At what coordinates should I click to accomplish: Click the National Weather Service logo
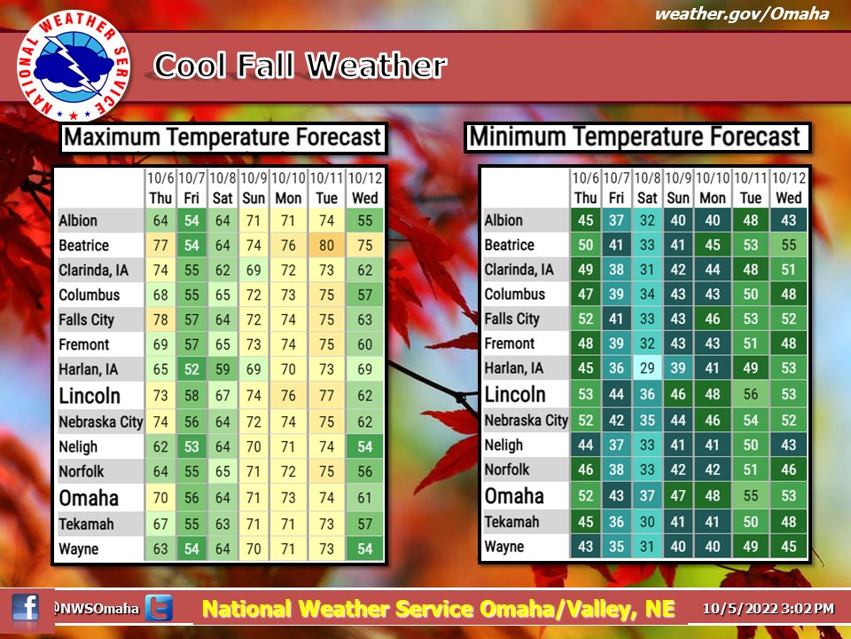click(74, 65)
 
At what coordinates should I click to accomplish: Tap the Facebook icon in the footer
click(26, 607)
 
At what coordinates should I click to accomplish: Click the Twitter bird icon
click(159, 607)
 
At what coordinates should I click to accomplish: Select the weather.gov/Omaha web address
click(742, 13)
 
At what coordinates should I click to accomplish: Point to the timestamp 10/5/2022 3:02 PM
click(768, 608)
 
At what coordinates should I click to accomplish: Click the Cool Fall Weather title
click(301, 66)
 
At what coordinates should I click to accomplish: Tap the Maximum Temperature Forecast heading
click(223, 137)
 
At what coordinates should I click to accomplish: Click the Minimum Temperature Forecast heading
click(635, 137)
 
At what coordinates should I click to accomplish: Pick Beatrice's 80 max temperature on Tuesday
click(326, 245)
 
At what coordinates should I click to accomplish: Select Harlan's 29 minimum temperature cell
click(647, 367)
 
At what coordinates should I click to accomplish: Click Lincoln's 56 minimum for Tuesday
click(751, 394)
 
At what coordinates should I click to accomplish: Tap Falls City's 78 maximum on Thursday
click(160, 319)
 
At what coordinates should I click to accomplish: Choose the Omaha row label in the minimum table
click(514, 496)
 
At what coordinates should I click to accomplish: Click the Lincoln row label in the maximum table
click(90, 396)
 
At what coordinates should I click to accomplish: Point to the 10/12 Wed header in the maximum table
click(364, 188)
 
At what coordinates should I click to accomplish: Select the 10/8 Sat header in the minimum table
click(647, 187)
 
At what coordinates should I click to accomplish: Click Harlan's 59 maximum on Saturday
click(223, 369)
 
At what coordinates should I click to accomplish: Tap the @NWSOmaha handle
click(96, 609)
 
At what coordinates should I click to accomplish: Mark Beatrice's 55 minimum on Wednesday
click(789, 245)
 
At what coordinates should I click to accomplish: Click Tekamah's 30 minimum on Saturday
click(647, 522)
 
